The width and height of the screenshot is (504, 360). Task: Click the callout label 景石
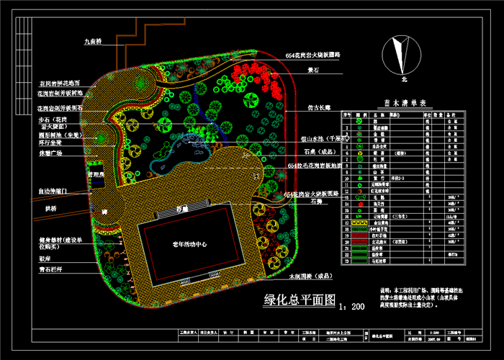coord(313,71)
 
